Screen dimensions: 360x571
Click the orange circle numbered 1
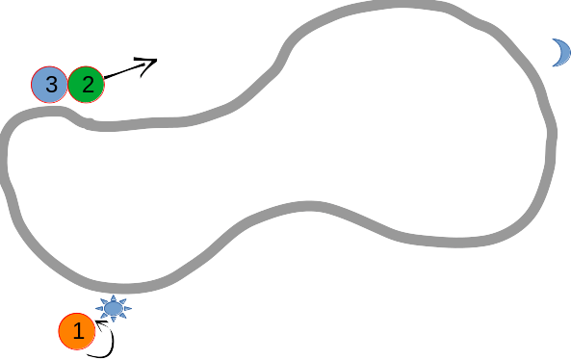pos(77,333)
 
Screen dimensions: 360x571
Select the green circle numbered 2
pos(87,85)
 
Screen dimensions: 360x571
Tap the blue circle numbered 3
pos(50,85)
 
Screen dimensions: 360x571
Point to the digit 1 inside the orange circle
pos(78,333)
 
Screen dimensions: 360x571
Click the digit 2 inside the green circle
pos(87,85)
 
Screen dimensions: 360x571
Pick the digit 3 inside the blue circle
pos(50,85)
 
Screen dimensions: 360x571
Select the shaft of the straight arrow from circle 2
pos(125,71)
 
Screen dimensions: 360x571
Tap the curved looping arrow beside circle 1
pos(109,343)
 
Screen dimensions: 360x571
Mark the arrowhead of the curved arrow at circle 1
pos(99,321)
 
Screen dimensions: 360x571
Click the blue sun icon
pos(114,308)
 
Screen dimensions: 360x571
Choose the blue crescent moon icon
pos(559,53)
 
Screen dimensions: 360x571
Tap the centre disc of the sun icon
pos(114,308)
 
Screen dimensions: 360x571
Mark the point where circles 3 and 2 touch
pos(68,85)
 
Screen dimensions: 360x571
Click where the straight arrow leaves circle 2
pos(104,78)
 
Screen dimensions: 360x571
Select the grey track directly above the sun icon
pos(116,288)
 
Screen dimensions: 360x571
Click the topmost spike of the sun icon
pos(114,296)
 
